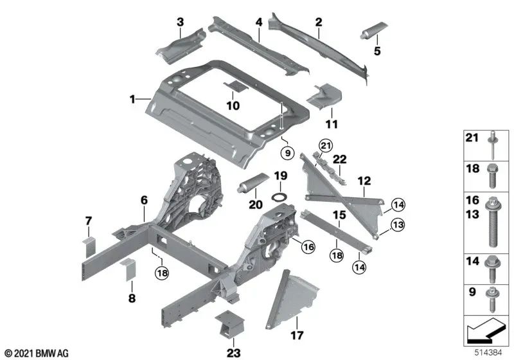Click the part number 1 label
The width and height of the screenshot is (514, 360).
point(132,100)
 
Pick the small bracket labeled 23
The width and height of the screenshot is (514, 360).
point(230,325)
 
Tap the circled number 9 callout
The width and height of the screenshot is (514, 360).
point(287,153)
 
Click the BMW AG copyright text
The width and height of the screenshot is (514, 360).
point(36,353)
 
